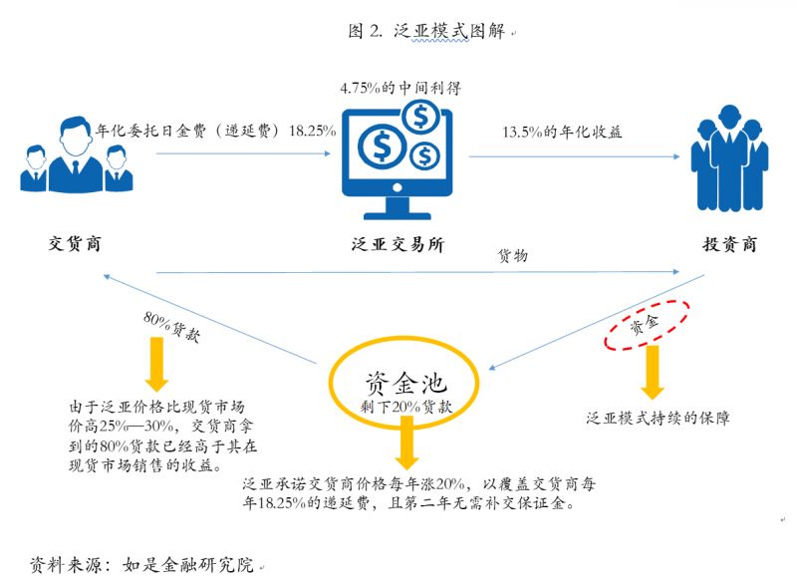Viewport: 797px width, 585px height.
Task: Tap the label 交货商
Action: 75,242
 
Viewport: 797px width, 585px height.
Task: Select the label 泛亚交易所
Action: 398,244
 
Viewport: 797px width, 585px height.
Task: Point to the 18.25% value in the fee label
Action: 312,131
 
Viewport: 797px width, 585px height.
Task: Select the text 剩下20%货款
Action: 405,407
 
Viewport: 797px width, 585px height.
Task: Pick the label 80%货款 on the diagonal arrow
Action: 171,328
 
